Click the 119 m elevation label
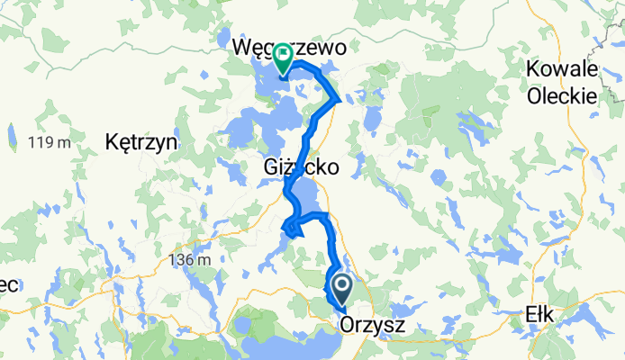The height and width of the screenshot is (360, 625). (49, 142)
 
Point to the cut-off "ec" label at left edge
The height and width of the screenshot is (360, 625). (8, 284)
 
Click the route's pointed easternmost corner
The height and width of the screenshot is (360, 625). (340, 99)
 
